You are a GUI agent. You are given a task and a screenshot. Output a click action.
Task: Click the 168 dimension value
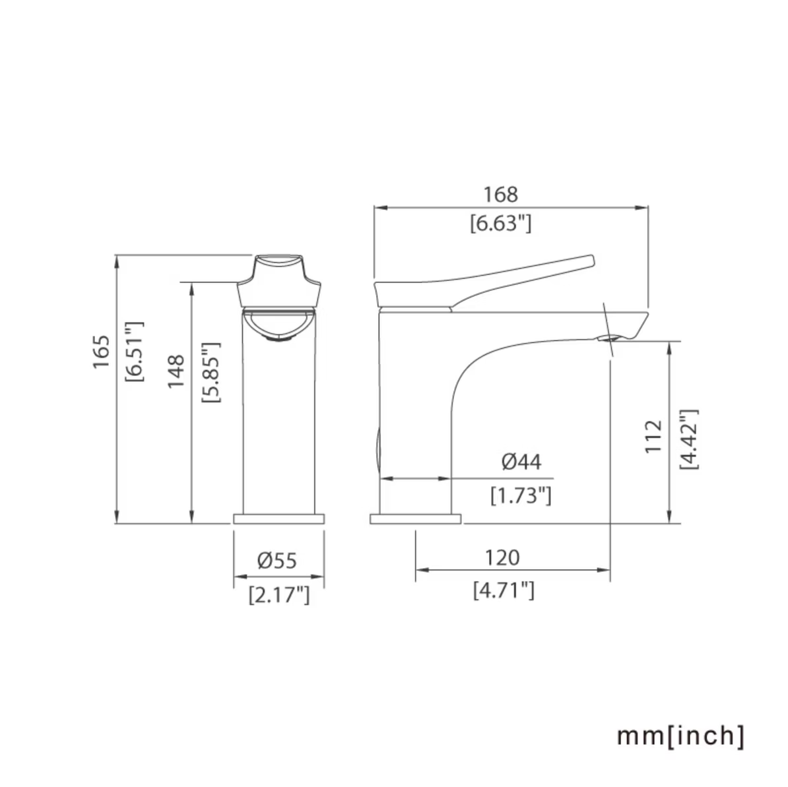[500, 195]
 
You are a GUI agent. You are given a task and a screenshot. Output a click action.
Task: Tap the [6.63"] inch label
[500, 223]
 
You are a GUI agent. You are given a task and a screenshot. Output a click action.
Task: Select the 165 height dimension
[101, 352]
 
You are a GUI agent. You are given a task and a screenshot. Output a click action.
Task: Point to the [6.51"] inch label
[134, 352]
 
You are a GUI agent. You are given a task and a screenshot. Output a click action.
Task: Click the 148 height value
[176, 371]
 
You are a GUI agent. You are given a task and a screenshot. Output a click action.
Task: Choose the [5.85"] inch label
[211, 372]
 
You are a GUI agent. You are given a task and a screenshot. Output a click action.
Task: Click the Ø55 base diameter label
[277, 560]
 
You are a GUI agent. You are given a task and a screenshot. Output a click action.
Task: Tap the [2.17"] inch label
[279, 595]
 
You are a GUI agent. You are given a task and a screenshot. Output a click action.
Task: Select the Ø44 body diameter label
[521, 462]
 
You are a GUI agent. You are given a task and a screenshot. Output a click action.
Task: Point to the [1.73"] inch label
[521, 495]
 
